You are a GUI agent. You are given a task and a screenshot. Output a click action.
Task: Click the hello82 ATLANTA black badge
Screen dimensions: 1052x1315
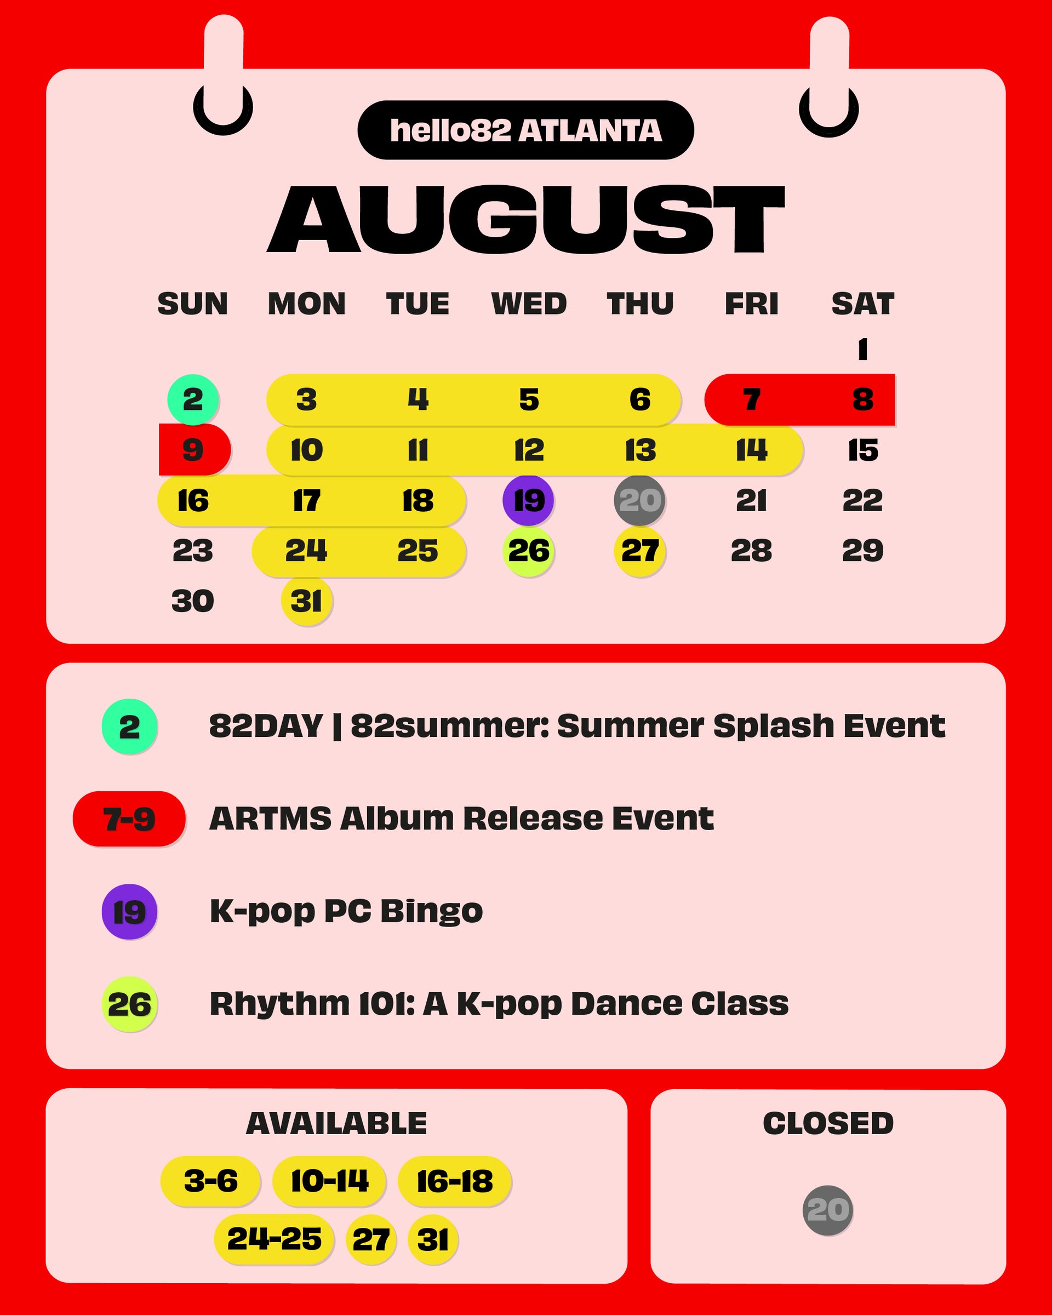point(525,130)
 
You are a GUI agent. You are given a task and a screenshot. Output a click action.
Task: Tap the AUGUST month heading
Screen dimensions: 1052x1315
point(525,219)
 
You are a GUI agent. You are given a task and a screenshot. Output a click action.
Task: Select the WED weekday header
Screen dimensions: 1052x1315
point(529,304)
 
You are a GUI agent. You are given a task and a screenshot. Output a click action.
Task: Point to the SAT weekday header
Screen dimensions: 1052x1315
point(862,304)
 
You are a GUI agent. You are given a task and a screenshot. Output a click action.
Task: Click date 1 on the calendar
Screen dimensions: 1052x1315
point(862,350)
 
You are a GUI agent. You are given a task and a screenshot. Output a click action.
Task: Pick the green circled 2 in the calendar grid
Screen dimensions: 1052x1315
point(193,399)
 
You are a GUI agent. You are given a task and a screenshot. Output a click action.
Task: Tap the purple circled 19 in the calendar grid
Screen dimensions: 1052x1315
point(528,500)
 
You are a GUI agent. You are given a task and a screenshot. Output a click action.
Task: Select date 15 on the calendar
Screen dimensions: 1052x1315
point(862,450)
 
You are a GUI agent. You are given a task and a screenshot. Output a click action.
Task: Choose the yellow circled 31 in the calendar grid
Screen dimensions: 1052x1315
point(306,602)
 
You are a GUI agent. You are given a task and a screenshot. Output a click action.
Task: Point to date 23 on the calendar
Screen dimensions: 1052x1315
point(193,550)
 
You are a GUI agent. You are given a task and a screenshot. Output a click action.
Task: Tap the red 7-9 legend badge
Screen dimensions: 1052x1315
point(129,819)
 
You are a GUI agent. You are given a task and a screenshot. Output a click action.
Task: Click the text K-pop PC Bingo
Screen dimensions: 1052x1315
point(346,911)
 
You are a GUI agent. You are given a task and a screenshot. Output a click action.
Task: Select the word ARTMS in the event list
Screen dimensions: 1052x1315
point(270,819)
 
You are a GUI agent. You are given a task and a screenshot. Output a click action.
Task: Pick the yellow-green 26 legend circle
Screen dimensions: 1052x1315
point(129,1004)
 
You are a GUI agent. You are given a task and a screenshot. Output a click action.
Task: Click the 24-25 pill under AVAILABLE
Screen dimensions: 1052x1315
point(274,1239)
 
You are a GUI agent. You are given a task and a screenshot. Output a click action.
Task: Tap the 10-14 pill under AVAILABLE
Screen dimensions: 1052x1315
point(329,1181)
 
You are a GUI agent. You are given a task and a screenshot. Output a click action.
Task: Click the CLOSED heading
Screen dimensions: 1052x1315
point(828,1123)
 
